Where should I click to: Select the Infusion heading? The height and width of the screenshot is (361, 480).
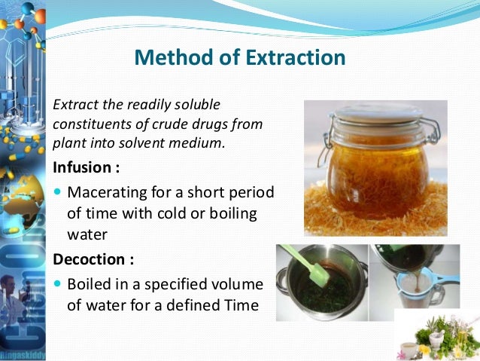83,165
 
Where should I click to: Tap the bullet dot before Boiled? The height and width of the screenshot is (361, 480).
57,286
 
